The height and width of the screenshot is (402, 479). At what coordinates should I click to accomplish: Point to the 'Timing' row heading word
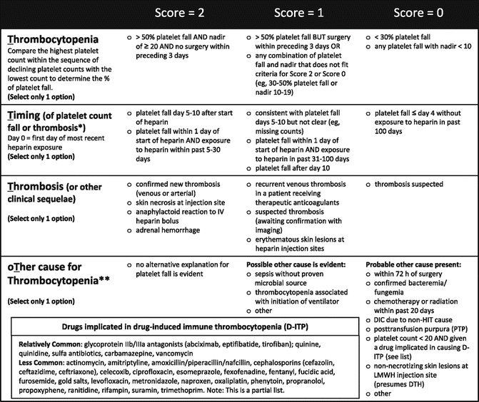tap(21, 116)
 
